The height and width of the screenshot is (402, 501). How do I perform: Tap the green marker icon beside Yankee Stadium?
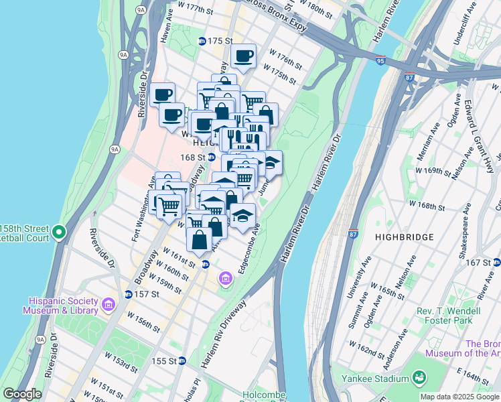click(x=419, y=379)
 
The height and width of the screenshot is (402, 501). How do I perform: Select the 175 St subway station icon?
click(x=202, y=41)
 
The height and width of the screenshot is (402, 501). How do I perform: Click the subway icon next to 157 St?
click(x=128, y=294)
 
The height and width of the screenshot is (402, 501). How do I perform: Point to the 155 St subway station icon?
click(x=182, y=360)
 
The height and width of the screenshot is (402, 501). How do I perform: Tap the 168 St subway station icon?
click(x=210, y=157)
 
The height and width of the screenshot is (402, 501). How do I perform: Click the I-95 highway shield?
click(x=380, y=60)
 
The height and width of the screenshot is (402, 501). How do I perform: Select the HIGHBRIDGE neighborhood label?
click(x=405, y=237)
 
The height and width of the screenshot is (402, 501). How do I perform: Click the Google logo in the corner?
click(x=23, y=394)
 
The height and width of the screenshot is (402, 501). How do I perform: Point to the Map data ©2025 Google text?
click(x=459, y=397)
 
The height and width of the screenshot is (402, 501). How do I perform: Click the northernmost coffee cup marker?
click(x=243, y=56)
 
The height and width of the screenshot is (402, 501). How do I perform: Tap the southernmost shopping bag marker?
click(x=200, y=239)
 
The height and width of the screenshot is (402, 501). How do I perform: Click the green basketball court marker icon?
click(x=59, y=232)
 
